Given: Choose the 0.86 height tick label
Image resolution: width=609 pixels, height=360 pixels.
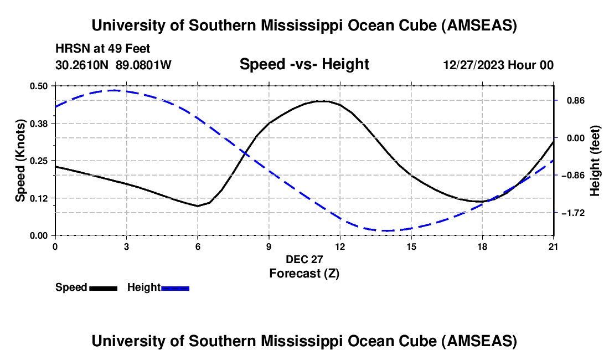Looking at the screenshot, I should (x=574, y=101).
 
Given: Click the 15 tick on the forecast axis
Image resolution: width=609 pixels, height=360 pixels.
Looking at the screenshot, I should (x=411, y=246).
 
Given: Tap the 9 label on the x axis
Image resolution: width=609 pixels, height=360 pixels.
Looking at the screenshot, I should (x=269, y=246).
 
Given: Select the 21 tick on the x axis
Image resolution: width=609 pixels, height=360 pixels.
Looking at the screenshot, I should (x=554, y=246).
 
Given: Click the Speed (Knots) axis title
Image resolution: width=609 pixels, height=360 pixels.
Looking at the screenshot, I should (x=20, y=161).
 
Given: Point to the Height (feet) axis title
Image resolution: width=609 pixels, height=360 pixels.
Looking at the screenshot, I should (x=595, y=161).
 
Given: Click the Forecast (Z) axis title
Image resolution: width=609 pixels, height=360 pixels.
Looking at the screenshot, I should (x=304, y=273).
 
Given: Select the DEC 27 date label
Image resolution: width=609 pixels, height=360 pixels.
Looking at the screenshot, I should (x=304, y=259).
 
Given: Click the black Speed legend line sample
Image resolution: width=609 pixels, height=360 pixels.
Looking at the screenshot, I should (x=102, y=288).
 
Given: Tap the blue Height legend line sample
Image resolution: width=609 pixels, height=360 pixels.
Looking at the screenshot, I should (x=175, y=288).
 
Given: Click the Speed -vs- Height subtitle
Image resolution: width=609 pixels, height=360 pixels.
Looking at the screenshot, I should (x=304, y=64).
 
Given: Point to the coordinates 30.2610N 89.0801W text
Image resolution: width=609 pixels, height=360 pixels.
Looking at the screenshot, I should (x=113, y=65).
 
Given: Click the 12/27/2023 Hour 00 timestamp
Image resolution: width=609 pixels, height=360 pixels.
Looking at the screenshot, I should (x=498, y=65).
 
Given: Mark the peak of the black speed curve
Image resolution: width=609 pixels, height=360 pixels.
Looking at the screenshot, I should (x=321, y=101).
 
